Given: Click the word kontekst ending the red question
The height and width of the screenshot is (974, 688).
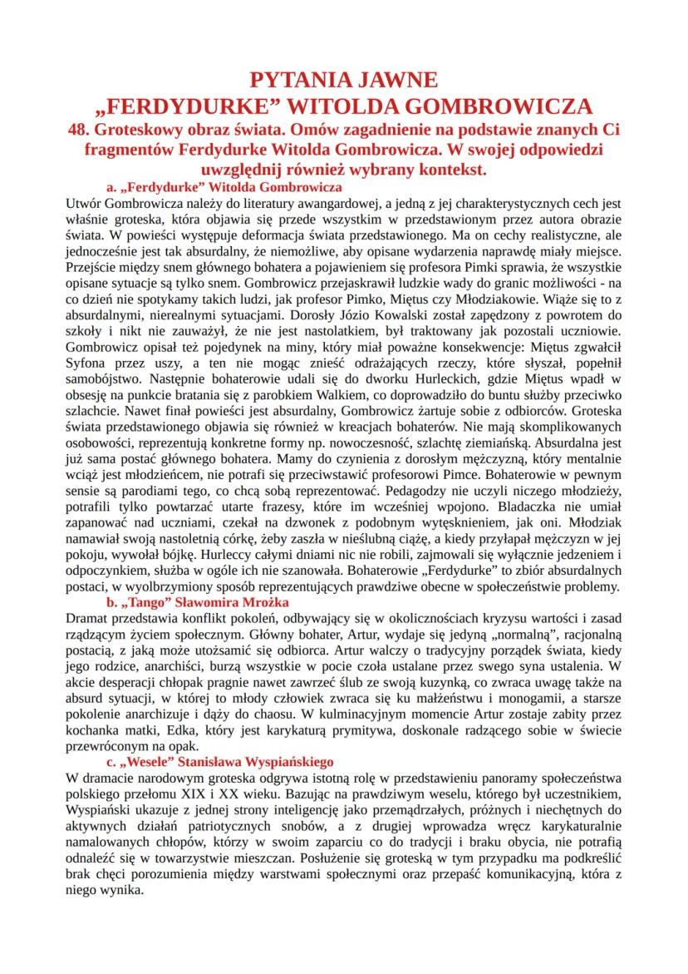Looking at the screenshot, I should (447, 169).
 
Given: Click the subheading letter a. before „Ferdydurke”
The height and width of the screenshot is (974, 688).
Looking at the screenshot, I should (114, 186).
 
